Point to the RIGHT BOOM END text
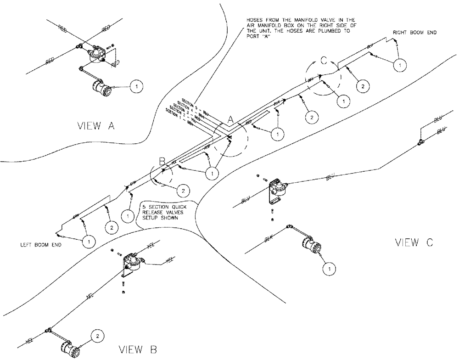point(414,33)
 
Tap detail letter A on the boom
point(231,119)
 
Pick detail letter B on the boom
point(162,161)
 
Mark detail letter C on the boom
point(324,60)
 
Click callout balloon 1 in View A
point(137,86)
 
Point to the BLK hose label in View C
point(270,239)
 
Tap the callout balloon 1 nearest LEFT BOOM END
point(88,240)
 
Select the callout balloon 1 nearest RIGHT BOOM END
point(401,66)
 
